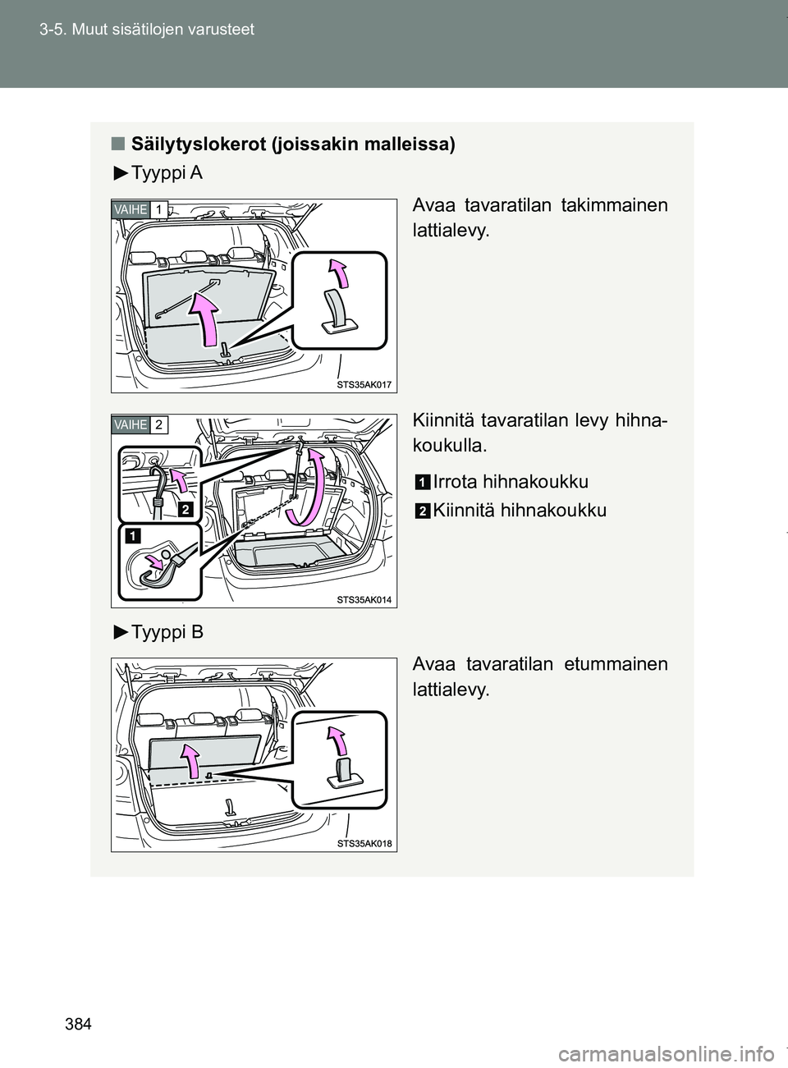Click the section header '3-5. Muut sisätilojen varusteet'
pos(144,30)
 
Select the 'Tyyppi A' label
pos(166,173)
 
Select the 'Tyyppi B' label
pos(166,633)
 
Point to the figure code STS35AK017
pos(364,383)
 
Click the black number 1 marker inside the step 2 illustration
pos(131,538)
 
